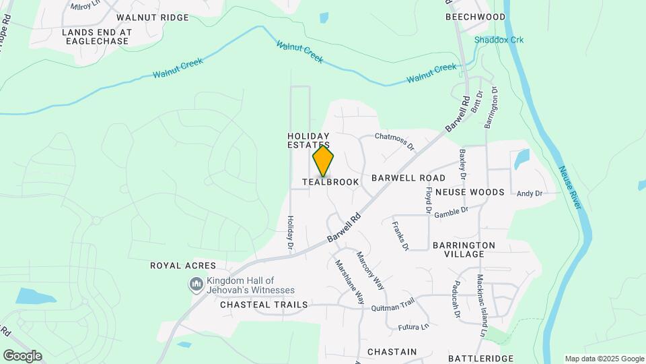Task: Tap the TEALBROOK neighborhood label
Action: coord(330,182)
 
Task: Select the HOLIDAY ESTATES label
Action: coord(309,140)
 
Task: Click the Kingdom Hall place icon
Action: coord(196,285)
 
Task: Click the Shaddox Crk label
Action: coord(499,40)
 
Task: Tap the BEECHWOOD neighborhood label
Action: coord(475,17)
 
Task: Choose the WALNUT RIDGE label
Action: coord(152,17)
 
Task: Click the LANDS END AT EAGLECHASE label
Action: coord(96,36)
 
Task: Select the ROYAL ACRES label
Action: coord(183,266)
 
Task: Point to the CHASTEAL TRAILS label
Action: coord(264,305)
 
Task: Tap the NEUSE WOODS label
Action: coord(470,192)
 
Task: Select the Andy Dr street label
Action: coord(529,194)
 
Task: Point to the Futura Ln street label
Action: coord(414,327)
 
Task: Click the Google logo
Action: coord(22,356)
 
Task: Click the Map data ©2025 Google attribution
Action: coord(604,359)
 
